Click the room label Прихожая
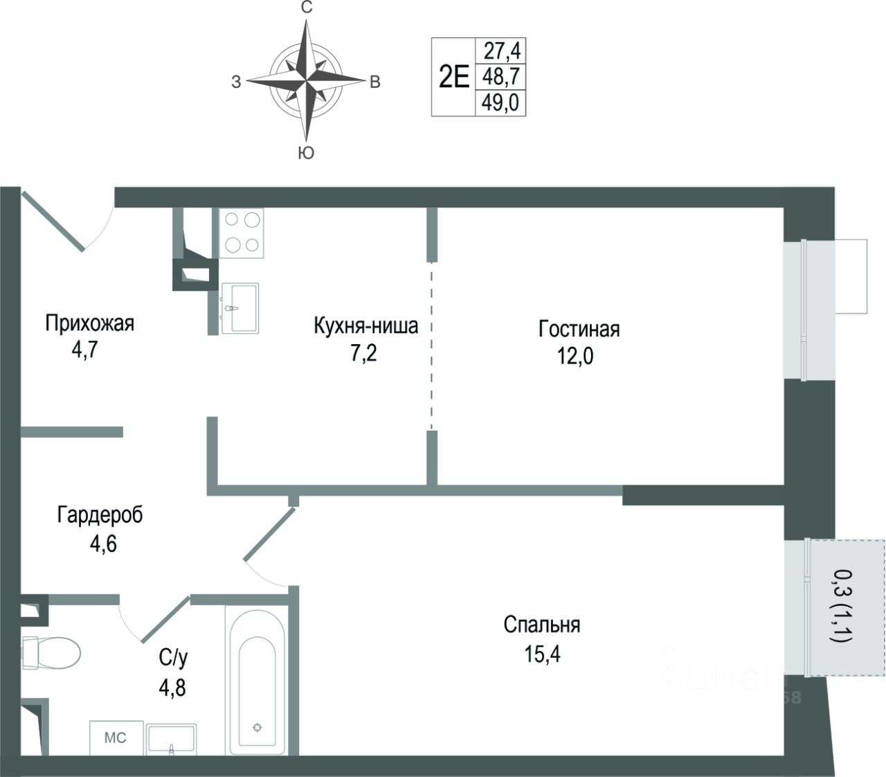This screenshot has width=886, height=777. (89, 323)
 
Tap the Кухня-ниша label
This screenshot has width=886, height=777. (365, 325)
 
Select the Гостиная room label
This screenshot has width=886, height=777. (579, 329)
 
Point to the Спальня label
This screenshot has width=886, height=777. (542, 625)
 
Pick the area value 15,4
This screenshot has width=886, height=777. (542, 654)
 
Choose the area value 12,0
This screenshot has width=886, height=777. (576, 357)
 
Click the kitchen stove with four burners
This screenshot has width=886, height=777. (242, 233)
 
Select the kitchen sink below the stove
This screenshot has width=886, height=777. (239, 307)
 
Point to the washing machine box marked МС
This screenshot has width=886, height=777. (116, 738)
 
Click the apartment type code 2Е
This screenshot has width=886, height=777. (454, 76)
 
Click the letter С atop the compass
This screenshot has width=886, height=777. (307, 8)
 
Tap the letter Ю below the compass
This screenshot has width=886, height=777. (306, 153)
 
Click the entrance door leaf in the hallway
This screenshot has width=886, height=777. (53, 220)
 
